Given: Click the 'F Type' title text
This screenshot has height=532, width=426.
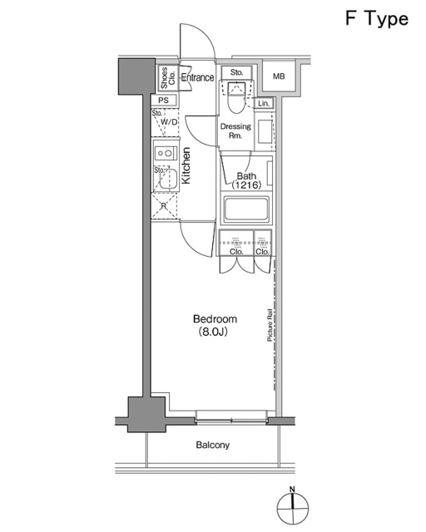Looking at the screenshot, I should coord(376,18).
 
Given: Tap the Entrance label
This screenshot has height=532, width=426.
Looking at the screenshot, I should coord(197,78).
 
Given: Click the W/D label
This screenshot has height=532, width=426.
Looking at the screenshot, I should coord(169,122).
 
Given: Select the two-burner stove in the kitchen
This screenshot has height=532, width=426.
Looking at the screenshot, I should coord(164,153).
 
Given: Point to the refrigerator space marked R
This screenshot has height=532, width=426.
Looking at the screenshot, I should coord(165,205).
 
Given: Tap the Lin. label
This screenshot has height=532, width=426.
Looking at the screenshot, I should coord(264,103).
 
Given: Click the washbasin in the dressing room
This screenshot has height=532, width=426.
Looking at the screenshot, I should coord(265,133).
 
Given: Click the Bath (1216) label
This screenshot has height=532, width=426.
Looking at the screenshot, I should coord(246,180).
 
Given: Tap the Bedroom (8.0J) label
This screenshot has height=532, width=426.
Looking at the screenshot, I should coord(215,325).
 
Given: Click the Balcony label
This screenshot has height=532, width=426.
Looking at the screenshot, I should coord(213,446).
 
